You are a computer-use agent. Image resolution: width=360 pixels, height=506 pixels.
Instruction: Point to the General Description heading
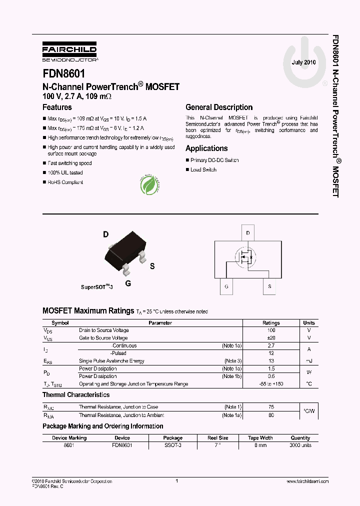(x=219, y=107)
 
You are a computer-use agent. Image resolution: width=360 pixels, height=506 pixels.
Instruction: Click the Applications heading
(x=206, y=148)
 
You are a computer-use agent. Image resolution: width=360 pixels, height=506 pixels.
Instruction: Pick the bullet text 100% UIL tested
(x=65, y=172)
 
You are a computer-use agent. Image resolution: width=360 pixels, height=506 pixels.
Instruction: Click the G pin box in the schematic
(x=226, y=286)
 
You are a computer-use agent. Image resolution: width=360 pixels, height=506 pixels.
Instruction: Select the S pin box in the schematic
(x=269, y=286)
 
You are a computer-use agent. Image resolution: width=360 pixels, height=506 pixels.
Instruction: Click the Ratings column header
(x=271, y=323)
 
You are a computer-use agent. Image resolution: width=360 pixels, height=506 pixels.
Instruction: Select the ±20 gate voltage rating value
(x=271, y=338)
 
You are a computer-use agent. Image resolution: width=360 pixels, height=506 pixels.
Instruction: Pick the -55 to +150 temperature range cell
(x=271, y=384)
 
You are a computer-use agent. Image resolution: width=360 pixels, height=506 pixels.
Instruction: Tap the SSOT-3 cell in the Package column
(x=173, y=445)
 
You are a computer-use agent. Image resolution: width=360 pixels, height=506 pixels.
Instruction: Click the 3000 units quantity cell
(x=300, y=445)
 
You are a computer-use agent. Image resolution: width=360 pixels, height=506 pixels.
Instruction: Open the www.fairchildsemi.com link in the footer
(x=307, y=481)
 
